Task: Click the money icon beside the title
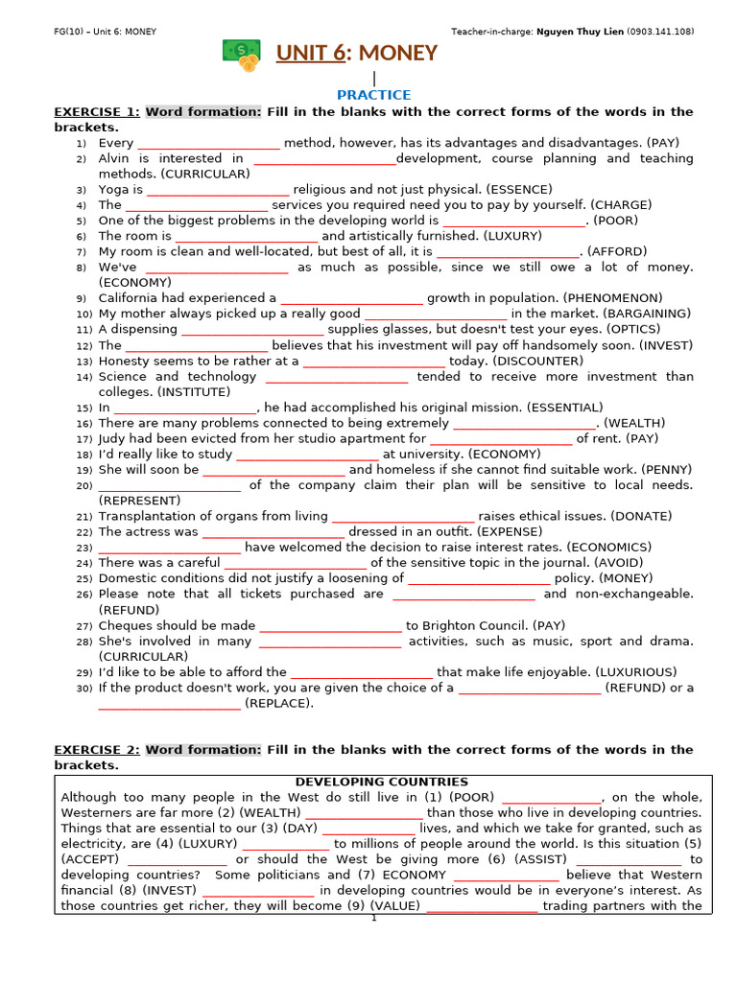pos(241,56)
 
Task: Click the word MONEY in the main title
pos(399,53)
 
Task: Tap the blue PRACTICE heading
pos(373,95)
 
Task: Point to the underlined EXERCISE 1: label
pos(97,112)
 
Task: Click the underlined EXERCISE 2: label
pos(97,750)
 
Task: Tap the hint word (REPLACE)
pos(278,703)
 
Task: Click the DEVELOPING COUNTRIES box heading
pos(382,782)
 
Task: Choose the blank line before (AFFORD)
pos(508,252)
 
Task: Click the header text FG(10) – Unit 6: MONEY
pos(106,32)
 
